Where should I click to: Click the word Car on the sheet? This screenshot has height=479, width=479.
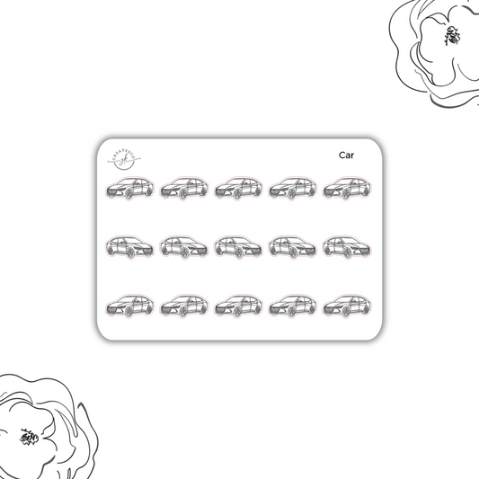346,155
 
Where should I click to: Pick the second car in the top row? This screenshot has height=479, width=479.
184,189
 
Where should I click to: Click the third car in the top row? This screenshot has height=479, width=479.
239,189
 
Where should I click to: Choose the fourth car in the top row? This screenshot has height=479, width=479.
293,189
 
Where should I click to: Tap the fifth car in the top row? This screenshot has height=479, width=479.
347,189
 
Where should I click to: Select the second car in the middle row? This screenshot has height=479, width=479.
184,247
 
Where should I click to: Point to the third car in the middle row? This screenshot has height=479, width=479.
239,247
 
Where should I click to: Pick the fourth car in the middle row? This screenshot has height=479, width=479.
293,247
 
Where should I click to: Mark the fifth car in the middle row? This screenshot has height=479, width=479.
347,247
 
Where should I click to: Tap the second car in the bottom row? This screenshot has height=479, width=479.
184,306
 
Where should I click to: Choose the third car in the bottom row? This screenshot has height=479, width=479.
239,306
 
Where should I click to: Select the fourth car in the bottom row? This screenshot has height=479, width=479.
293,306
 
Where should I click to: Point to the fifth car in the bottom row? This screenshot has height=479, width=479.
347,306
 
